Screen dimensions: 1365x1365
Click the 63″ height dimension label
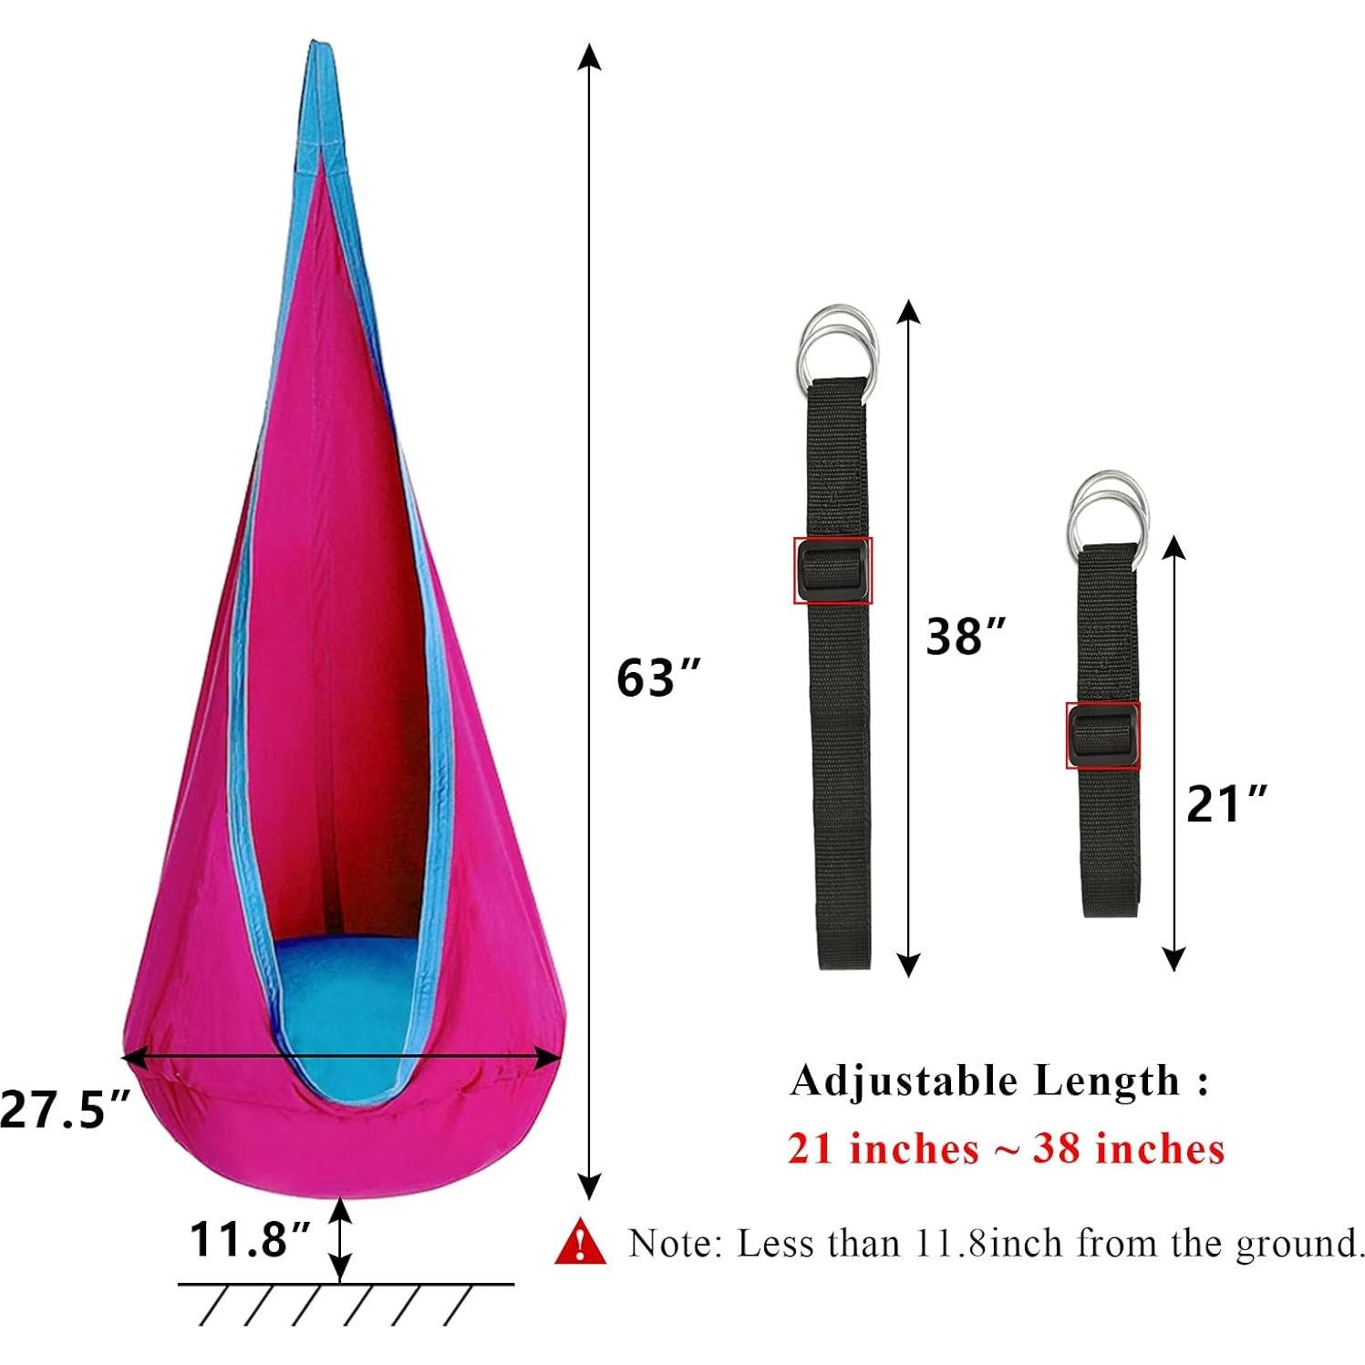(x=658, y=677)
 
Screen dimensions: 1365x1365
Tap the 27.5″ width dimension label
(x=66, y=1110)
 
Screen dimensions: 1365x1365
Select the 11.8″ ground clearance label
(x=250, y=1239)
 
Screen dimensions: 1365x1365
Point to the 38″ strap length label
(x=966, y=636)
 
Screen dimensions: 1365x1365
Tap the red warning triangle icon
(x=580, y=1243)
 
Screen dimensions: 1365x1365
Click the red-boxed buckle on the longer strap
(x=832, y=570)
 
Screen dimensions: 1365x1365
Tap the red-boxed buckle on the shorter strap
(x=1102, y=735)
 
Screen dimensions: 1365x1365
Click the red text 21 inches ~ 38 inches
(x=1005, y=1149)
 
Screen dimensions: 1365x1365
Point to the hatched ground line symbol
(x=346, y=1302)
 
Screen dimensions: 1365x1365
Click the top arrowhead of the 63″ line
(x=591, y=57)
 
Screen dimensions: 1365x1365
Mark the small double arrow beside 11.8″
(x=339, y=1239)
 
